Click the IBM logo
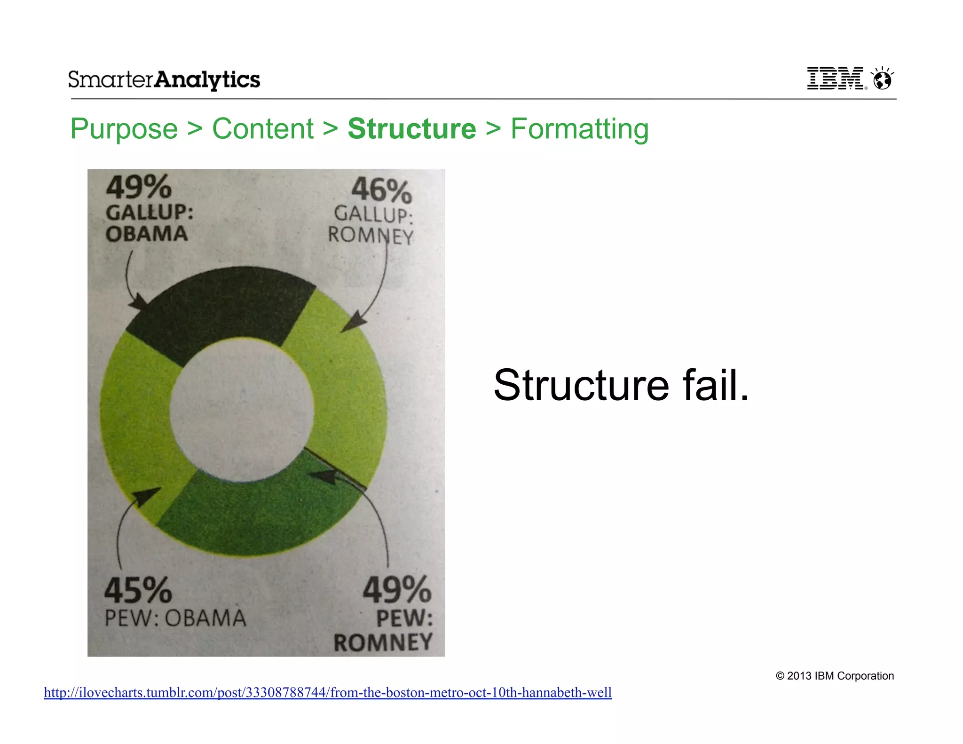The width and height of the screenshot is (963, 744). point(836,78)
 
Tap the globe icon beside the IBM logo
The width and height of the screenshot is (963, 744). point(882,78)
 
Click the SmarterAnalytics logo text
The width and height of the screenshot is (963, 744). point(164,79)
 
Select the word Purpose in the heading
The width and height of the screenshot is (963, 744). point(124,129)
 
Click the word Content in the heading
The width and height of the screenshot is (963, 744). point(262,129)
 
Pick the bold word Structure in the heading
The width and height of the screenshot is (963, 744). point(412,129)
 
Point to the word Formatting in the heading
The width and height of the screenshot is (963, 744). point(579,129)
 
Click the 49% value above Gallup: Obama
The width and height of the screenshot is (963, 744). point(139,187)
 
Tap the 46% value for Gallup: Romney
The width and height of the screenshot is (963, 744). point(381,190)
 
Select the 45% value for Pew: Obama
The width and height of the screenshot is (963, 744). point(138,591)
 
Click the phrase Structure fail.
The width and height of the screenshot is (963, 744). point(621,386)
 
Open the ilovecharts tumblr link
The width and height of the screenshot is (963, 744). point(328,692)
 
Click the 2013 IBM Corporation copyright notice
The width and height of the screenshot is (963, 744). point(835,676)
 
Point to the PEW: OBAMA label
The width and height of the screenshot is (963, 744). point(175,618)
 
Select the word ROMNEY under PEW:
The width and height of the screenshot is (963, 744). point(383,642)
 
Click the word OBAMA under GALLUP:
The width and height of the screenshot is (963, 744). point(147,234)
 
